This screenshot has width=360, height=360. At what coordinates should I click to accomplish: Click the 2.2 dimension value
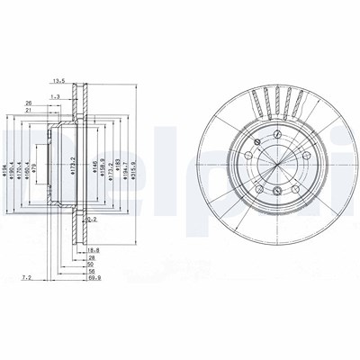click(92, 219)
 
